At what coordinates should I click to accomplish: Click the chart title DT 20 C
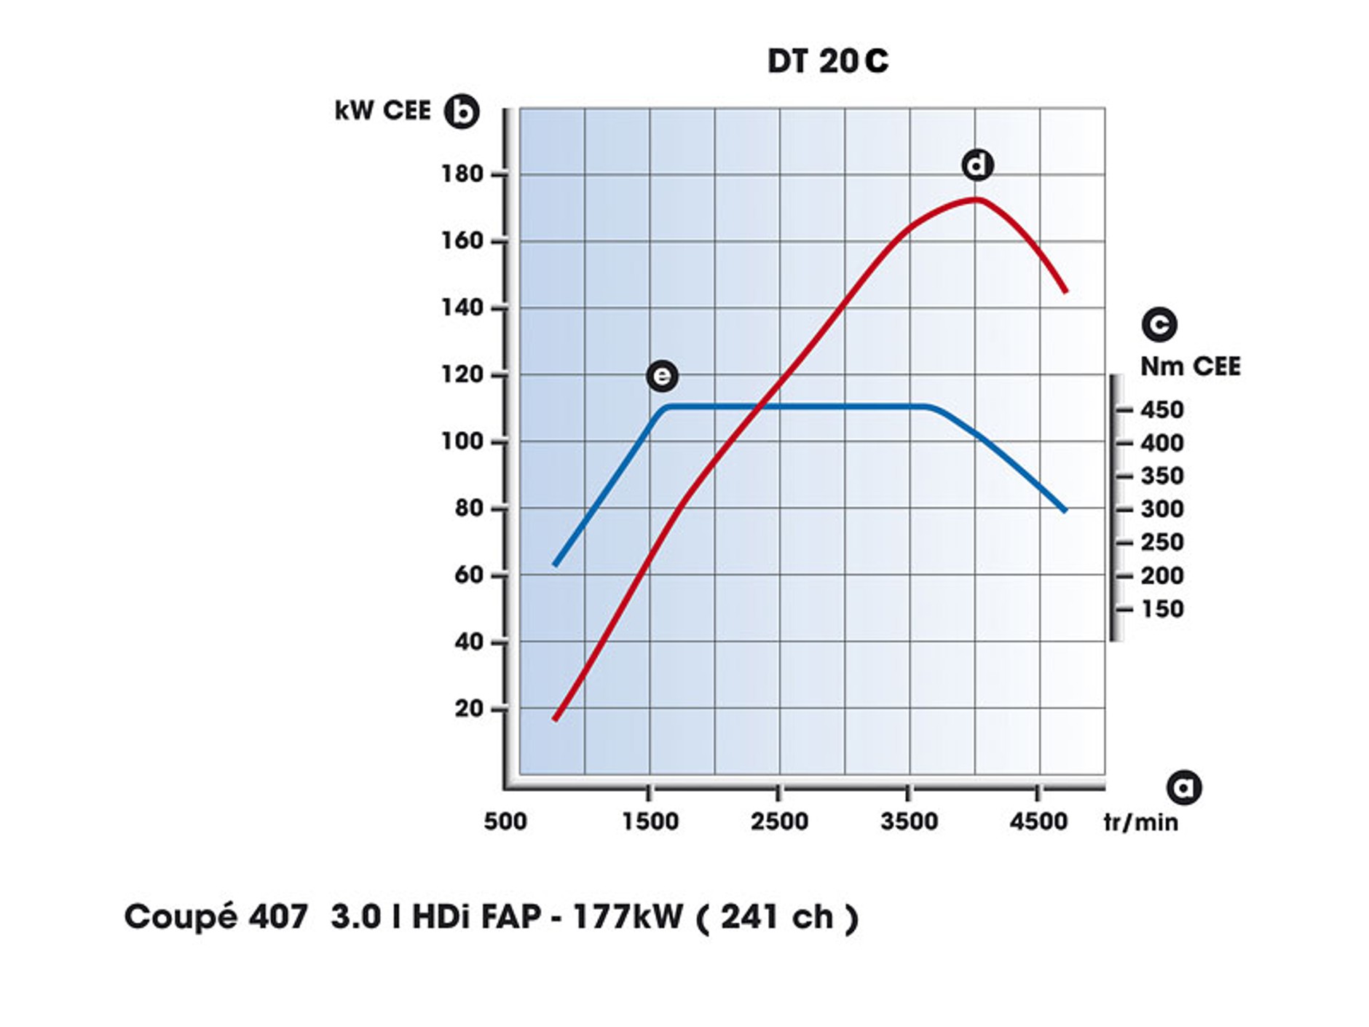tap(827, 61)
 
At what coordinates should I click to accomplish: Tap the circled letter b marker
tap(462, 111)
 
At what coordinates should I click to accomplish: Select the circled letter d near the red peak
tap(977, 165)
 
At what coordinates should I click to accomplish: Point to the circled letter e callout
tap(662, 376)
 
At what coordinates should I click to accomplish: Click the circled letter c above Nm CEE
tap(1159, 324)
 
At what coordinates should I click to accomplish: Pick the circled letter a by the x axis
tap(1184, 787)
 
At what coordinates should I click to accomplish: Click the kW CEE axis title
tap(382, 111)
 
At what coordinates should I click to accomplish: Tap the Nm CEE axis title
tap(1190, 366)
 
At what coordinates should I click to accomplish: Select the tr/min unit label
tap(1140, 822)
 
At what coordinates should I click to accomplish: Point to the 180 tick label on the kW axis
tap(462, 174)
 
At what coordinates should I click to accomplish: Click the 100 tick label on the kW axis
tap(462, 441)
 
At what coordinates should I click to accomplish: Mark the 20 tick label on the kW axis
tap(469, 709)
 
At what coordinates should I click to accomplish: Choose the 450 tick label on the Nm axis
tap(1162, 410)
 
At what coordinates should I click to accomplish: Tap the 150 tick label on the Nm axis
tap(1162, 609)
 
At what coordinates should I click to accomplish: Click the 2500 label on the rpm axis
tap(779, 822)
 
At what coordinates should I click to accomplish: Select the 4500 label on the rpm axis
tap(1038, 822)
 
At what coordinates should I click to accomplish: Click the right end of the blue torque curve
tap(1065, 510)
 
